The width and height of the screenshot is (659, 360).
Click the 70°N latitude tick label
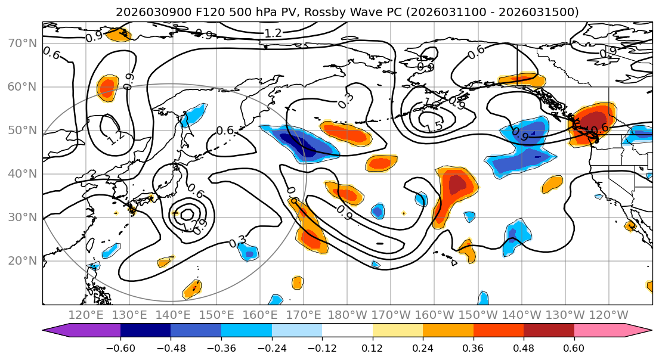21,43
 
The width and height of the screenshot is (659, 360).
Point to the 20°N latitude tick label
21,260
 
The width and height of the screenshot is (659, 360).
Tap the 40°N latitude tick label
21,173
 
